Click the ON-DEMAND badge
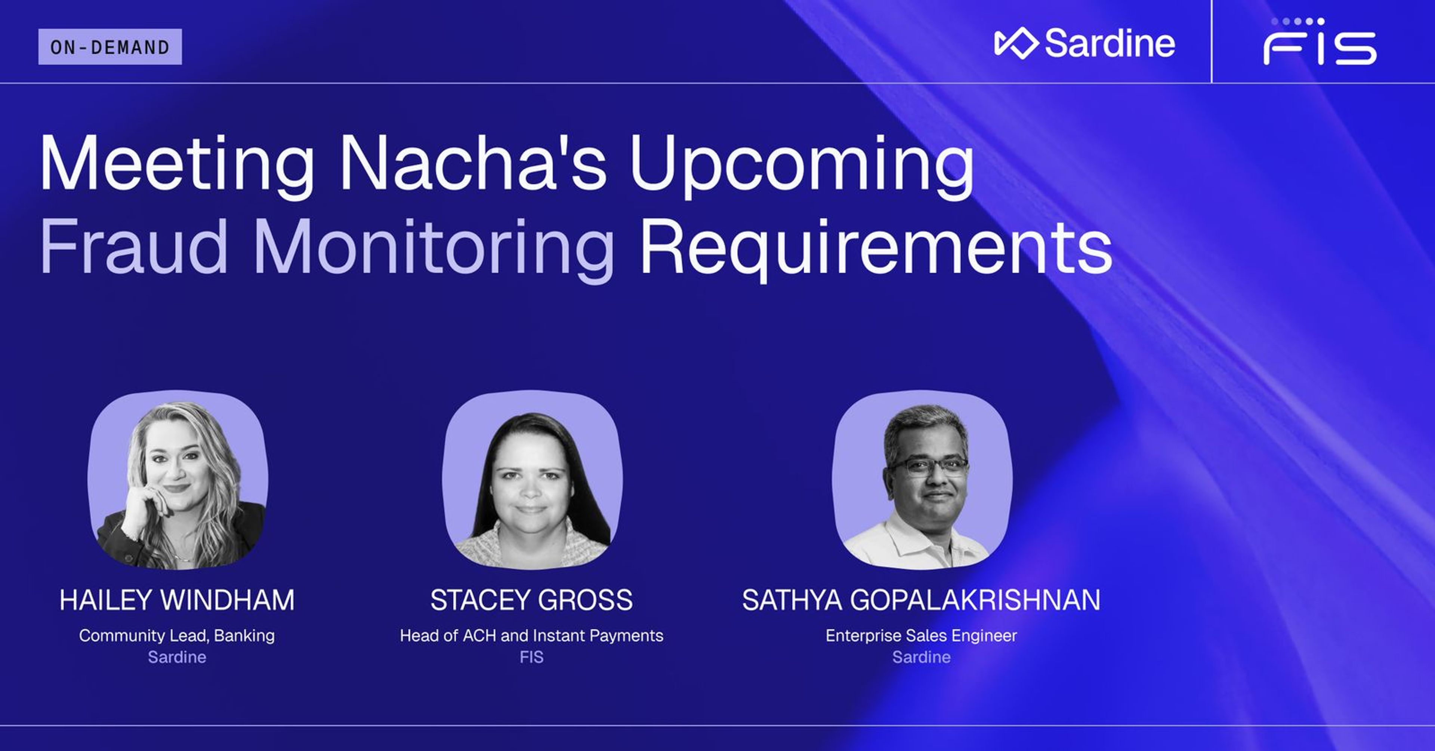(x=110, y=47)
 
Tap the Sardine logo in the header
(x=1084, y=43)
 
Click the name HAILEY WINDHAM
(x=177, y=600)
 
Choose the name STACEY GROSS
(x=531, y=600)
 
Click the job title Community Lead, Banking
(x=177, y=635)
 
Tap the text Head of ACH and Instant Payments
(x=531, y=635)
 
